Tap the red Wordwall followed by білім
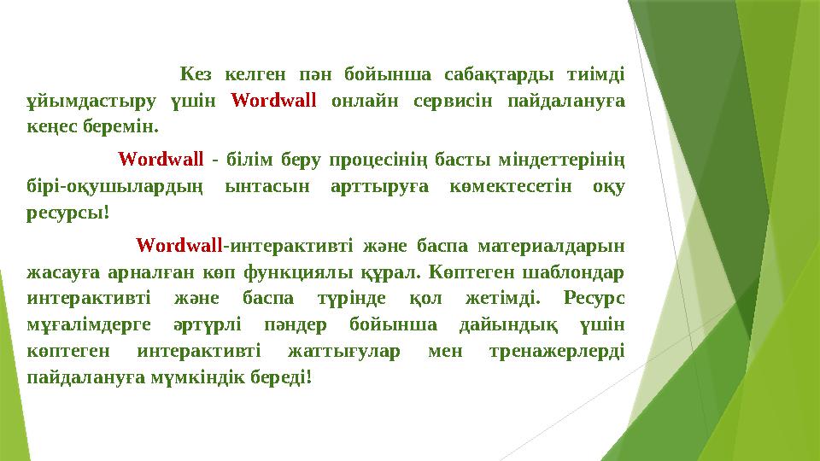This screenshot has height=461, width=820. point(161,160)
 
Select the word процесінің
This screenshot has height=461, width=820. point(377,160)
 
